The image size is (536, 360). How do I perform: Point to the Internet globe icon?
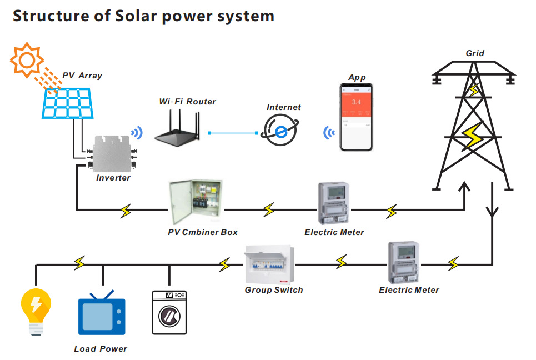[x=281, y=131]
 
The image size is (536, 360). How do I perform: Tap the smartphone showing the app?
[x=356, y=117]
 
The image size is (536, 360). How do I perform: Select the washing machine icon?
[x=169, y=312]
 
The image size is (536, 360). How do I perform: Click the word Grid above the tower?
[x=475, y=54]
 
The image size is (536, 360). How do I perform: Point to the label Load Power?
[x=101, y=349]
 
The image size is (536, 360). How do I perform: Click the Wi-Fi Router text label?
[x=187, y=102]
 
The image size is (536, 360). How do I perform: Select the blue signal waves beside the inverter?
[x=136, y=133]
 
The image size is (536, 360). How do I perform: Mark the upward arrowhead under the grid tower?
[x=464, y=189]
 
